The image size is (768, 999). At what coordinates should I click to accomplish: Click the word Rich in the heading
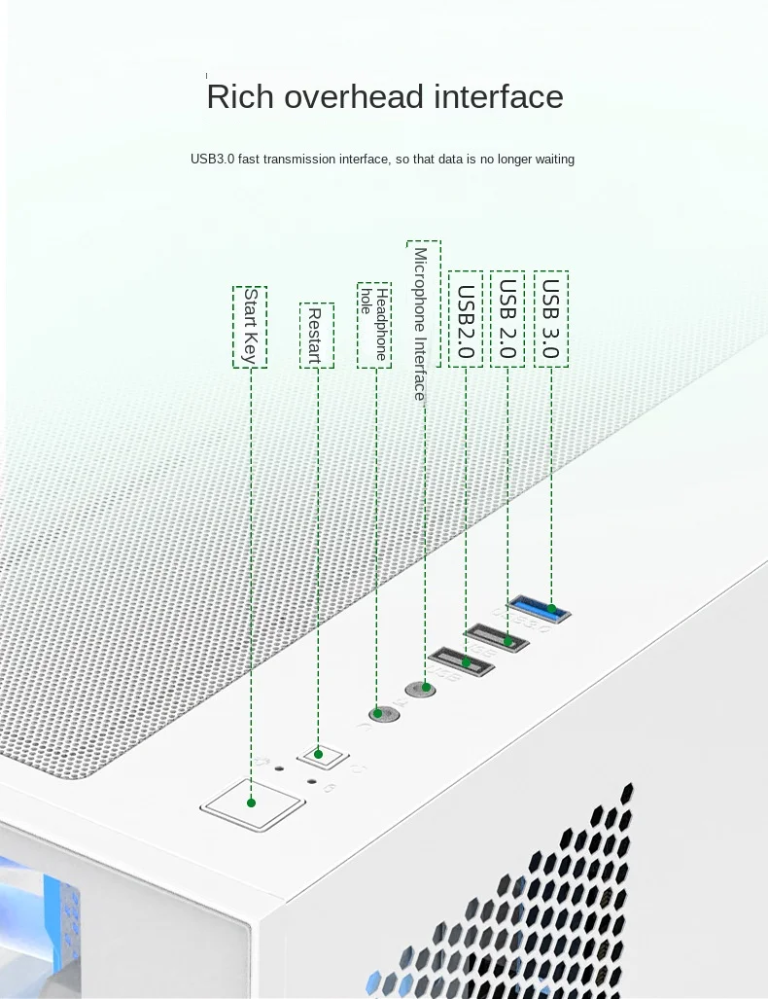[233, 97]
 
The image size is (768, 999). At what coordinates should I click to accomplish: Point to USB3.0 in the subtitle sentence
[213, 159]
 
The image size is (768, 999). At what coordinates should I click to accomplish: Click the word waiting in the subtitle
[552, 159]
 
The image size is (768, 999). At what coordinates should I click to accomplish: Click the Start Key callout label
[250, 327]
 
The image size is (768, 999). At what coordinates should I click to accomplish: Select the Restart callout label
[316, 335]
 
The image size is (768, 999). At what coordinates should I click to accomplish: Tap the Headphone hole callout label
[374, 326]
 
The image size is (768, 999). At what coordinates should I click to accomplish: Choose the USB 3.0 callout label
[551, 319]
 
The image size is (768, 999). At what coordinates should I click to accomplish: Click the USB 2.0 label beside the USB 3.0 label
[507, 319]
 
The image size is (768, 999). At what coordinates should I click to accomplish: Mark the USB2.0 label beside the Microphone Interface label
[466, 321]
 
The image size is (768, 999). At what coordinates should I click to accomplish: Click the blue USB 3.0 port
[540, 611]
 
